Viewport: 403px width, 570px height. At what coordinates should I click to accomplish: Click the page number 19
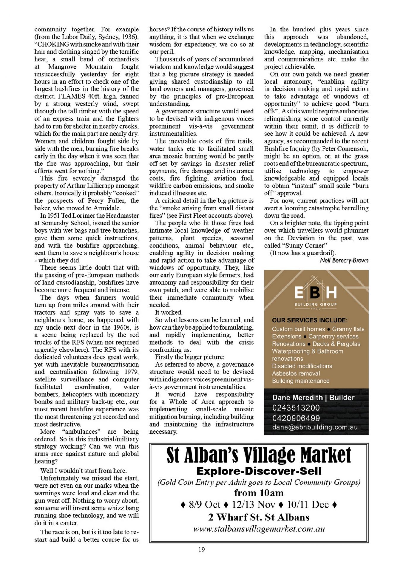(201, 550)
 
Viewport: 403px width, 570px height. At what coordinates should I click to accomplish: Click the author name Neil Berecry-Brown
(344, 260)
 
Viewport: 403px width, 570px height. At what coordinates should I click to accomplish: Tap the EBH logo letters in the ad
(315, 293)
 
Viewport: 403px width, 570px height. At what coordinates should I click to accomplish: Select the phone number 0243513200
(296, 408)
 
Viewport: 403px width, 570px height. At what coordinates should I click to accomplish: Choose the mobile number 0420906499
(296, 418)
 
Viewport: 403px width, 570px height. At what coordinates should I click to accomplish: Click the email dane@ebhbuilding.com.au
(315, 427)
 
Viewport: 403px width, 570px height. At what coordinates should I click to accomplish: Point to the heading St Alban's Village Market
(259, 455)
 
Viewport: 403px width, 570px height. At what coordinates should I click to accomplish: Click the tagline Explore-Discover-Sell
(259, 471)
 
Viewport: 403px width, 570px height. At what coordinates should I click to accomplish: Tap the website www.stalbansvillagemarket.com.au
(259, 529)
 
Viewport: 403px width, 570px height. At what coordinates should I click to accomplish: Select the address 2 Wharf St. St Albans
(259, 517)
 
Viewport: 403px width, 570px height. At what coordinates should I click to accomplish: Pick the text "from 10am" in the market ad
(259, 493)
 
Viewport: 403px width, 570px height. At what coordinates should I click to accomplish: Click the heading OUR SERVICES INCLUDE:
(310, 320)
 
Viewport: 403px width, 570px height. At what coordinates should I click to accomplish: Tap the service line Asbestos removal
(296, 373)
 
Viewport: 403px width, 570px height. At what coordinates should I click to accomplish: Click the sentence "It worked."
(169, 312)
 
